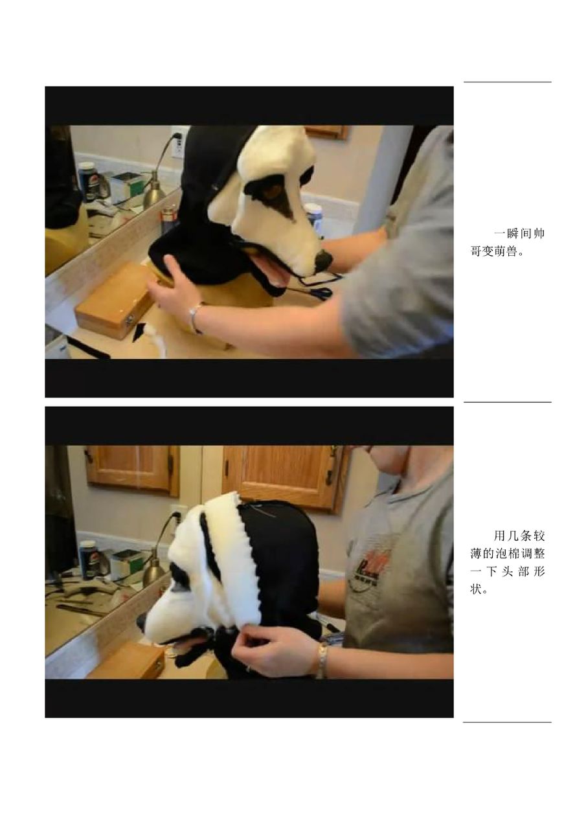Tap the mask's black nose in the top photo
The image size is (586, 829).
[x=322, y=259]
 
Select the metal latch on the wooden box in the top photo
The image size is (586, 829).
[x=130, y=319]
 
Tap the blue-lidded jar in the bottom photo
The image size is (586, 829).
[x=87, y=559]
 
